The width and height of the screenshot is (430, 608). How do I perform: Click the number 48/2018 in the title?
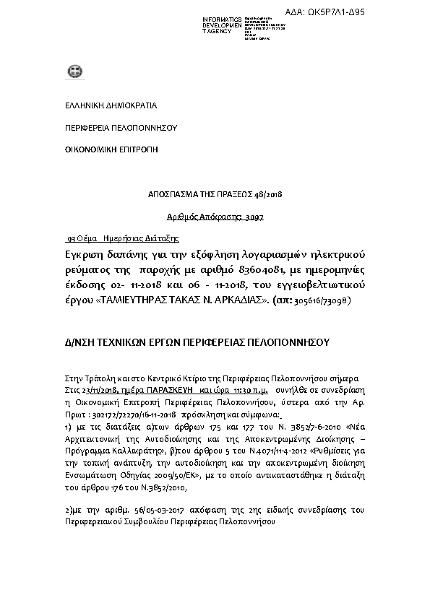(267, 195)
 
